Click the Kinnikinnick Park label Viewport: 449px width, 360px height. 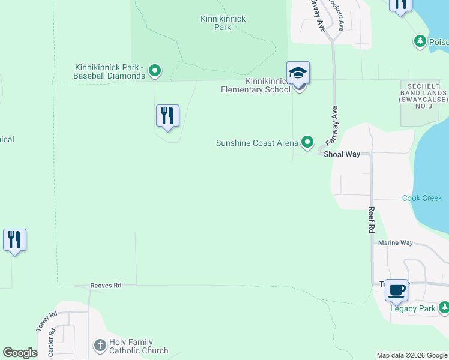[x=223, y=23]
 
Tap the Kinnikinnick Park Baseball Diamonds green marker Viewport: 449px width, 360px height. [x=155, y=71]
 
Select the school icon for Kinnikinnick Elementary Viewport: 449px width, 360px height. [x=298, y=74]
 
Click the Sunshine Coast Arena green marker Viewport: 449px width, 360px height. [x=307, y=142]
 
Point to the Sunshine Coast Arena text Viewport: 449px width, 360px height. [x=257, y=143]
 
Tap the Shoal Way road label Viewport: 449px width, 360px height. [x=342, y=154]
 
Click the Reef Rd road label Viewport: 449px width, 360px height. [x=372, y=220]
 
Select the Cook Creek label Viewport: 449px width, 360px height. [x=422, y=198]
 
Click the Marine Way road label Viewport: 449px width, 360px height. [x=396, y=243]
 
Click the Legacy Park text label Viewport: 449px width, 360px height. [x=412, y=308]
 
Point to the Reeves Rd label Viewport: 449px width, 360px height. [x=106, y=286]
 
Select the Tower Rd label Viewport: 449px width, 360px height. [x=46, y=321]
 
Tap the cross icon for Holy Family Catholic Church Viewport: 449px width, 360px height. [x=100, y=345]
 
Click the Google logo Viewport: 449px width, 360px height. [x=20, y=353]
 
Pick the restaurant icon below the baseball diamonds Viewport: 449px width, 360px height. [x=167, y=115]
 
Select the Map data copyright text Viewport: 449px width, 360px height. [x=411, y=355]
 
